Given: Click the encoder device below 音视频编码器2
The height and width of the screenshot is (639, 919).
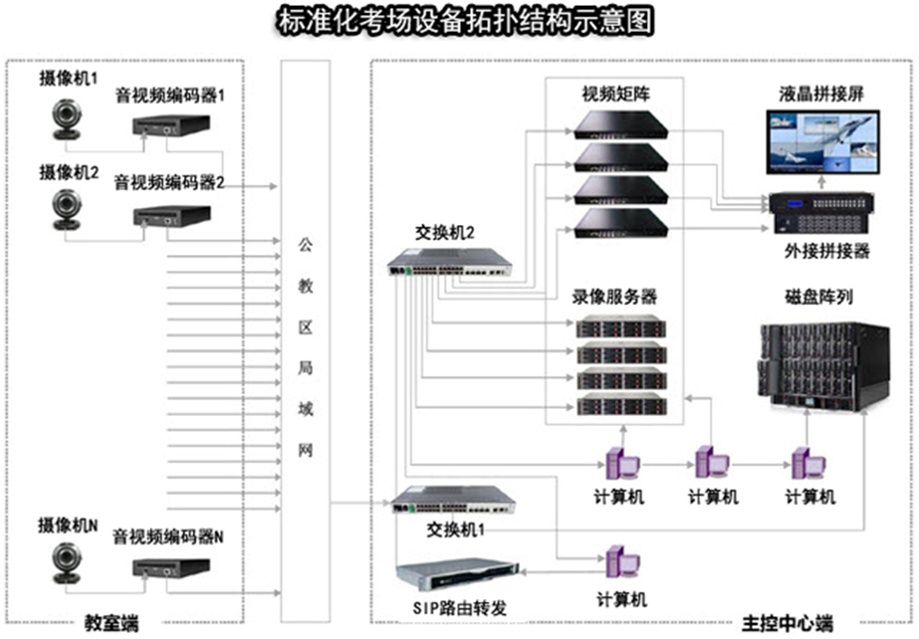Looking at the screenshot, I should point(171,216).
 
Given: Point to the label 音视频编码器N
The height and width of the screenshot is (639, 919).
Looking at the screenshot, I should point(168,536).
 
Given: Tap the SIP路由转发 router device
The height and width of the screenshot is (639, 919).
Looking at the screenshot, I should point(457,577).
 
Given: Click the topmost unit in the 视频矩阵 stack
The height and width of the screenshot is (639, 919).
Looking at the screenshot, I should point(620,124).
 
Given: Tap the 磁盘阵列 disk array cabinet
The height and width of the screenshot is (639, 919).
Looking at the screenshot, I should point(821,364).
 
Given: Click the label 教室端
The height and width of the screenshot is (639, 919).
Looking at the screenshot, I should point(109,624).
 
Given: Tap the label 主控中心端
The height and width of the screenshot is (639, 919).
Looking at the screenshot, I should point(787,624).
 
